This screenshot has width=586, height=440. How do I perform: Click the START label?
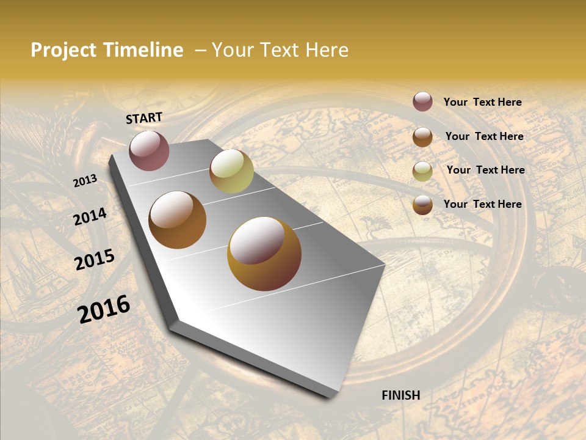point(144,118)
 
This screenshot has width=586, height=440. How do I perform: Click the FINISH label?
point(400,395)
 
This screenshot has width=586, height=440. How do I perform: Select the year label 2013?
point(85,181)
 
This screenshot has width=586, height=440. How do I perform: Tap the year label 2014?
point(90,217)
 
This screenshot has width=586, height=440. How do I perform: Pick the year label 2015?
point(95,260)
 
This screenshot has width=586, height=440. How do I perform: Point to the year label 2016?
point(104,309)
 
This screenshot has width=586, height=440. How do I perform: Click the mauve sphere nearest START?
point(149,150)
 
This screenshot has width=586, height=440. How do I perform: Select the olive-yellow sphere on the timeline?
point(231,171)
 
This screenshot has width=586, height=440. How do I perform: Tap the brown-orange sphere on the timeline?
point(177,219)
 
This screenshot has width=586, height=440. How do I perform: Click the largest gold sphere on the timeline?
point(264,254)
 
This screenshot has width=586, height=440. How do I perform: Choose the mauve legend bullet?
point(422,101)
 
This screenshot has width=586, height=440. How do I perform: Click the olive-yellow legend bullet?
point(422,171)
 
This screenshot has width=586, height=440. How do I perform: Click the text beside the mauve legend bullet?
point(482,102)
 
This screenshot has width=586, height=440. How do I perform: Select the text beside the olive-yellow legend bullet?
point(485,170)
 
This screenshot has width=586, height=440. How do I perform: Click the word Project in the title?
point(63,50)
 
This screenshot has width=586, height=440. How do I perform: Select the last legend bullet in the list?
point(422,205)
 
